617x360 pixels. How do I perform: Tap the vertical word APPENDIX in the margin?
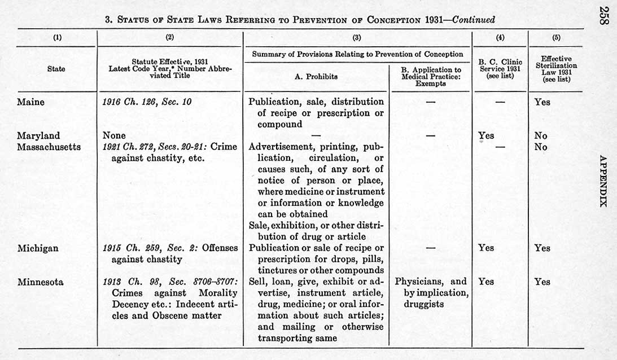[603, 181]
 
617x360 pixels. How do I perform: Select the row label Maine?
[31, 102]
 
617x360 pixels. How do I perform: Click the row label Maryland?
[38, 135]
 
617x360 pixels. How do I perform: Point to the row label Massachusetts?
[49, 147]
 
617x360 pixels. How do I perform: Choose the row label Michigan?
[38, 248]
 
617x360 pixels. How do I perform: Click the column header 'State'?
[56, 69]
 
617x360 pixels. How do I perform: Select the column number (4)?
[500, 38]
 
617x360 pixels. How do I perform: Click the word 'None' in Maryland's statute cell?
[114, 135]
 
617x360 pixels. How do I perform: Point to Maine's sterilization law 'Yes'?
[542, 102]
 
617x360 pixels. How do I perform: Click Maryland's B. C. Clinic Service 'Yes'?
[485, 135]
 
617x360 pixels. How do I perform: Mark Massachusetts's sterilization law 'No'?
[541, 147]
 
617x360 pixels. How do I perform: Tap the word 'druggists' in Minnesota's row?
[423, 304]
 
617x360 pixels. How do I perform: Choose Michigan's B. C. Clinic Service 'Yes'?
[485, 248]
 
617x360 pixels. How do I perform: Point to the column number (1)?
[57, 38]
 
